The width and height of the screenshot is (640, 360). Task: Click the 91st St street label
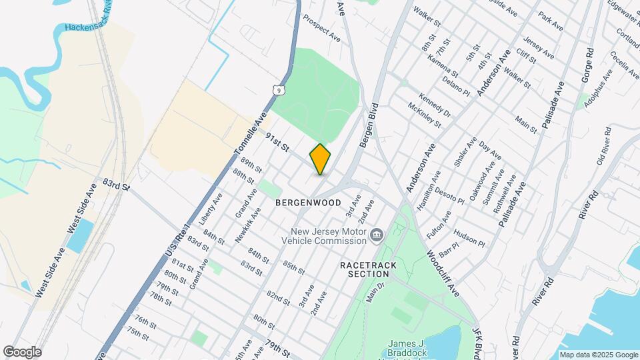pos(276,141)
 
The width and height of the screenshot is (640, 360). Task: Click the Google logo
pos(22,352)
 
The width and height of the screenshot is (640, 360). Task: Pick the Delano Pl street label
pos(458,86)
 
